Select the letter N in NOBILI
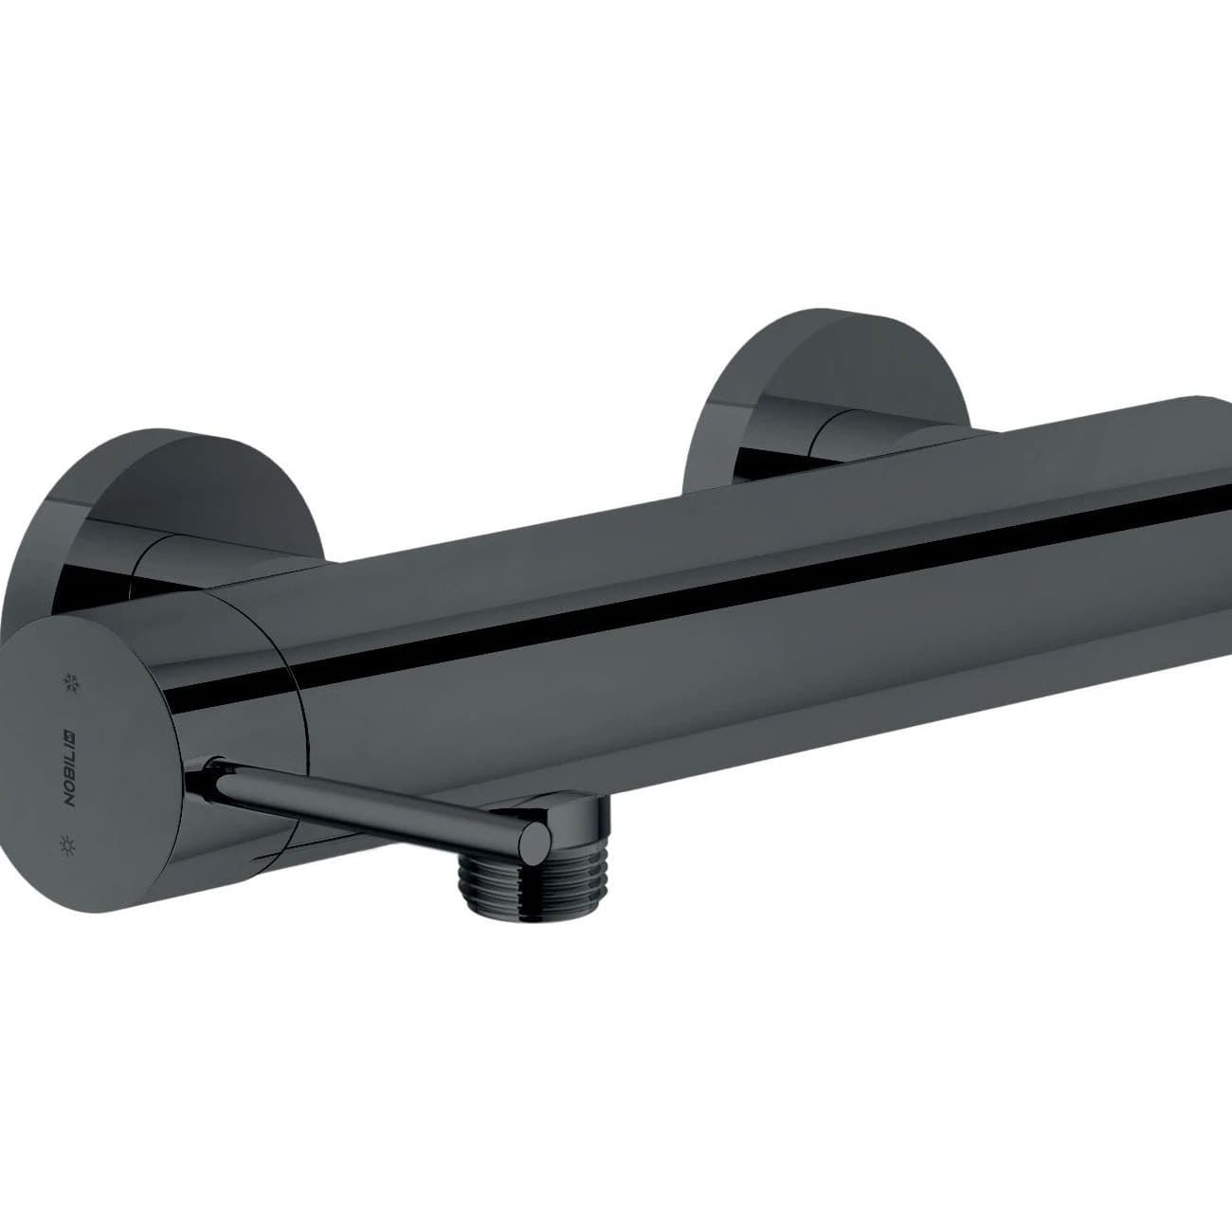click(69, 799)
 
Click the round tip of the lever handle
click(532, 840)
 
